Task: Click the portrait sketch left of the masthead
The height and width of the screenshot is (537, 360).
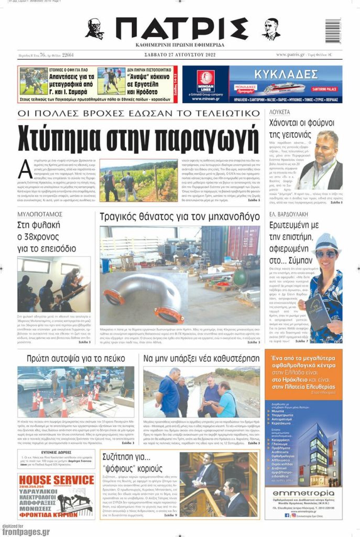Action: pos(95,29)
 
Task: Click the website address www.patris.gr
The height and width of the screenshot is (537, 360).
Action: pos(290,55)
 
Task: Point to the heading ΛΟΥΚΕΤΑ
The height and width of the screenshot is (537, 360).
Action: pos(279,112)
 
